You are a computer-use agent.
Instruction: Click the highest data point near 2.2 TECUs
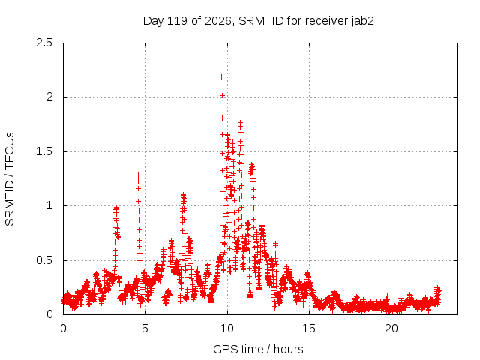point(221,76)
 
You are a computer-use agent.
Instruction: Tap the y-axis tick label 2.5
point(44,43)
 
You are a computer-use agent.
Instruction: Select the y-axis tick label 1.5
point(44,151)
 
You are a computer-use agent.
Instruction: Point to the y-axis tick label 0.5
point(44,260)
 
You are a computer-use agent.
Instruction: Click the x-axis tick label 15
point(309,328)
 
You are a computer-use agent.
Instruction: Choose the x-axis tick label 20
point(391,328)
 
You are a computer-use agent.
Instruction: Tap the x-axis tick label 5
point(145,328)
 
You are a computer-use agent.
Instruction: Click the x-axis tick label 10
point(227,328)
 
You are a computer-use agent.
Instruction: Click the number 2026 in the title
point(218,21)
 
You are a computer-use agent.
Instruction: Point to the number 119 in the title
point(178,21)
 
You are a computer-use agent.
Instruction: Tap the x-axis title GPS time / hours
point(258,349)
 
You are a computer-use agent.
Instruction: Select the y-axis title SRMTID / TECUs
point(10,179)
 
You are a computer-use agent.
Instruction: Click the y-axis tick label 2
point(49,97)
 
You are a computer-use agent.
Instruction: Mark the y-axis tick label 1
point(49,205)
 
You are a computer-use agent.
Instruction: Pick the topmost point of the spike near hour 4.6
point(138,175)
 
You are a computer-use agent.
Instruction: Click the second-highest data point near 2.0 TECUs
point(222,96)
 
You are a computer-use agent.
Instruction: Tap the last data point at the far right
point(439,290)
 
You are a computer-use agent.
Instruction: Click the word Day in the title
point(154,21)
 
